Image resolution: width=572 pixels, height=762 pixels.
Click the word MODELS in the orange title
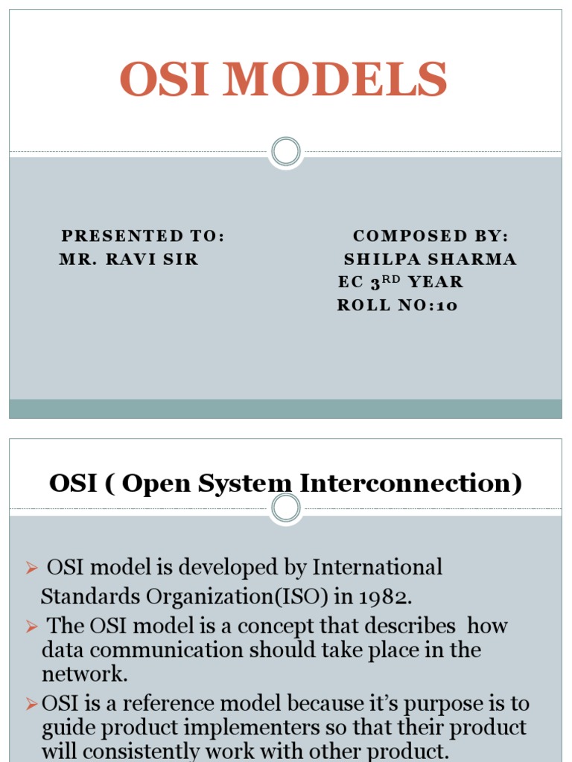342,80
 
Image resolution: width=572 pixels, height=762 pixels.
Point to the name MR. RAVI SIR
129,259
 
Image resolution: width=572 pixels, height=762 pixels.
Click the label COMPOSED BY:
430,236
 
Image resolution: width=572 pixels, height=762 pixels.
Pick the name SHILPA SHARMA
430,259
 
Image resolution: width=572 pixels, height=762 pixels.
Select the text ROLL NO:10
397,305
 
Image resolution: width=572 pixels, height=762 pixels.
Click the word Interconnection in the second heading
410,484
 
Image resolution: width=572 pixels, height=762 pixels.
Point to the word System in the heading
250,484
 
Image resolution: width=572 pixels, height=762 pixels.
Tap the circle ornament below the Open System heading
285,509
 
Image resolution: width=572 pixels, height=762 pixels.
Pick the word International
377,568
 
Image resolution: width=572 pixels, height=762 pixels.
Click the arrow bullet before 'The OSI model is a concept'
31,627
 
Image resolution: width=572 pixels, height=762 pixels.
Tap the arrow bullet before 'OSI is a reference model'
31,704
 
